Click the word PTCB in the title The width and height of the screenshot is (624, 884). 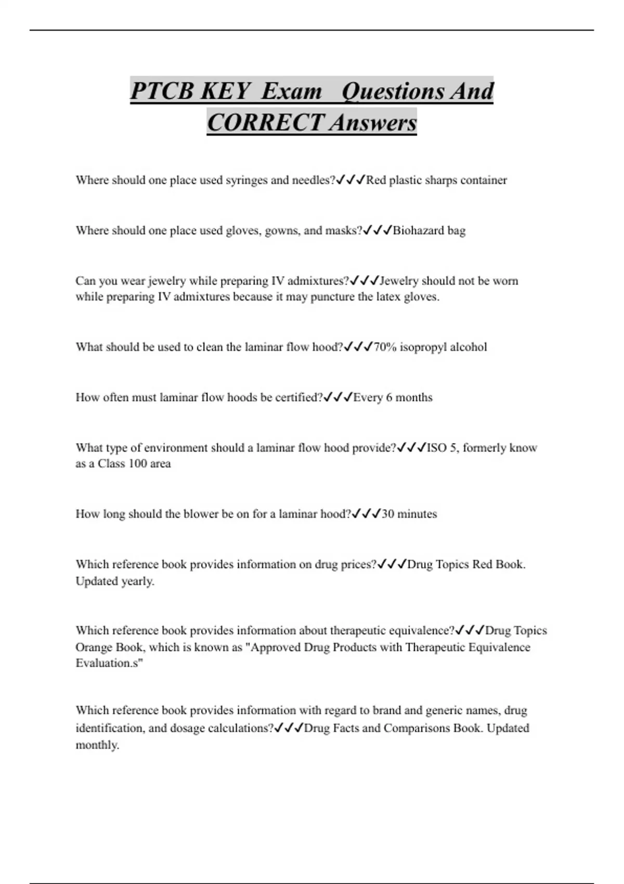[161, 91]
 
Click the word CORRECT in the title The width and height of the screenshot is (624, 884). [265, 123]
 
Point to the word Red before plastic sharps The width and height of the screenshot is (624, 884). [376, 180]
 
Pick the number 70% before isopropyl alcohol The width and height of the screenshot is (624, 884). [385, 347]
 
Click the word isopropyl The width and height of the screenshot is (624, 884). [423, 347]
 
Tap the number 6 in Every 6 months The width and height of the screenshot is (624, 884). [389, 397]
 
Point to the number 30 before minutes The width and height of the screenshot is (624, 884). [388, 514]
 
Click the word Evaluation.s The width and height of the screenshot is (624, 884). [109, 663]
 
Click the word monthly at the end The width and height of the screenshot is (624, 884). [97, 745]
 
